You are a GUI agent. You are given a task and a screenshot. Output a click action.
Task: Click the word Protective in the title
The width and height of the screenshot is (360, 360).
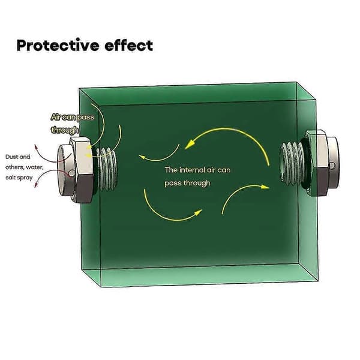pyautogui.click(x=58, y=45)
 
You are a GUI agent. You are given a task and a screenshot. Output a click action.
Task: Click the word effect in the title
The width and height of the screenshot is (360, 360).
pyautogui.click(x=129, y=45)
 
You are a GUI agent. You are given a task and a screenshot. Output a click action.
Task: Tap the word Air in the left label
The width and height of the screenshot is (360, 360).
pyautogui.click(x=56, y=117)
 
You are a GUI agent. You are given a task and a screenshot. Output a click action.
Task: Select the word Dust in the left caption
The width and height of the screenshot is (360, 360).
pyautogui.click(x=11, y=157)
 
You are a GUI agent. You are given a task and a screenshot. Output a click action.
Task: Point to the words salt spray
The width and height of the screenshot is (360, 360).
pyautogui.click(x=19, y=178)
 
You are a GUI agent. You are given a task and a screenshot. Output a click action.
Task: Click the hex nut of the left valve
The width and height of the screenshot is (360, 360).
pyautogui.click(x=82, y=170)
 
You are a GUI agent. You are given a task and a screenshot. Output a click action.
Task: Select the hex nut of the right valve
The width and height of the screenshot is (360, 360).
pyautogui.click(x=317, y=163)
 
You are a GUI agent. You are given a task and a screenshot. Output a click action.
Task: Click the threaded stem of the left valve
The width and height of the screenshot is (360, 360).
pyautogui.click(x=107, y=169)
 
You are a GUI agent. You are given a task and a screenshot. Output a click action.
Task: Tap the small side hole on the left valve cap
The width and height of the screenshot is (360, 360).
pyautogui.click(x=71, y=173)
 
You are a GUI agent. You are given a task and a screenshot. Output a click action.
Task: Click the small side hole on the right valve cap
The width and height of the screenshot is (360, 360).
pyautogui.click(x=332, y=166)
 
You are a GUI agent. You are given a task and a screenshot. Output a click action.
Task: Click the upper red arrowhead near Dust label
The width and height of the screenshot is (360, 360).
pyautogui.click(x=35, y=147)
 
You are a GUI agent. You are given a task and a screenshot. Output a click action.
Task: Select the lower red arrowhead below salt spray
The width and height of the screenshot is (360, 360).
pyautogui.click(x=36, y=185)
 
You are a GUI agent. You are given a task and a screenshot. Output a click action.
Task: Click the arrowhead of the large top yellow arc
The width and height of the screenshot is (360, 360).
pyautogui.click(x=190, y=145)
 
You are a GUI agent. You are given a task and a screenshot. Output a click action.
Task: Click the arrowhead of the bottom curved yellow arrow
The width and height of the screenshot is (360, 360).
pyautogui.click(x=198, y=212)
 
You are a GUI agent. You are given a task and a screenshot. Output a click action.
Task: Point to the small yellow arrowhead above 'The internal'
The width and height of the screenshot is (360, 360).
pyautogui.click(x=142, y=157)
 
